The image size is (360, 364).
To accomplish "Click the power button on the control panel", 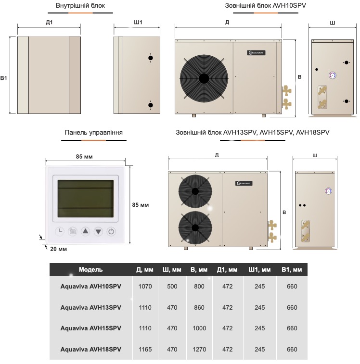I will (111, 231).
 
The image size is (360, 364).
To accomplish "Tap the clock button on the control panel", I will (60, 231).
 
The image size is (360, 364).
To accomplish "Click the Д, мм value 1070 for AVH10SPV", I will (145, 287).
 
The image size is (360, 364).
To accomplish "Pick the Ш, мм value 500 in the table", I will (172, 287).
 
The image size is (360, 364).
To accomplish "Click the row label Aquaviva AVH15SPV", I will (90, 328).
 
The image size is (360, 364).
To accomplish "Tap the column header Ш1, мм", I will (259, 270).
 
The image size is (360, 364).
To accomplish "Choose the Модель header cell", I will (90, 270).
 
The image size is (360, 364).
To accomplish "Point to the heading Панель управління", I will (93, 132).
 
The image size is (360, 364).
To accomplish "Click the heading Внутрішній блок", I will (80, 6).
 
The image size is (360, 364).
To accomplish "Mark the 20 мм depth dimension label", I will (58, 249).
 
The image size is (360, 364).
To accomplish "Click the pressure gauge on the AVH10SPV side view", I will (333, 75).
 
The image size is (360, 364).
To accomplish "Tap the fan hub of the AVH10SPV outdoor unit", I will (203, 77).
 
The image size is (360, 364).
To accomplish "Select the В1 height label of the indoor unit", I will (4, 77).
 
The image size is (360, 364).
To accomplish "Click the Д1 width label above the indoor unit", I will (49, 22).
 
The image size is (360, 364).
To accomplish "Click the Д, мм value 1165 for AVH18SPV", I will (145, 350).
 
